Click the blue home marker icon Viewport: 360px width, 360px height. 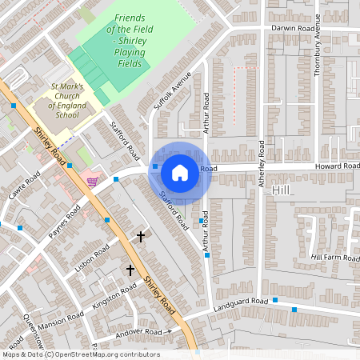180,171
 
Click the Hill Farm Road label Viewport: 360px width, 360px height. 335,257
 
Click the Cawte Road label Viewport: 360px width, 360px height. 24,187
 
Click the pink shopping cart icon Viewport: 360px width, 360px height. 94,182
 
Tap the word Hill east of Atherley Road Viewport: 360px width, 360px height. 281,192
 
